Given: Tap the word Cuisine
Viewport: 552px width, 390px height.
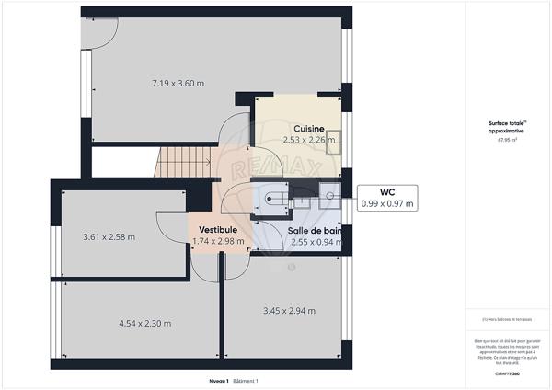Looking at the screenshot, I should tap(308, 128).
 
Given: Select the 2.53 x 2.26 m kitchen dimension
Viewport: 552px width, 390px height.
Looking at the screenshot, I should tap(308, 141).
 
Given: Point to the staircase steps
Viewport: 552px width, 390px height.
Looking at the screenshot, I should tap(184, 164).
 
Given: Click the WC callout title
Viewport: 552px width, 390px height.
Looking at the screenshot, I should tap(386, 191).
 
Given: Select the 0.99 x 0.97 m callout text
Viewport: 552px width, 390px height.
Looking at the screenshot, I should tap(386, 203).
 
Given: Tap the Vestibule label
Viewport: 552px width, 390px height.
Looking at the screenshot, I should tap(217, 229).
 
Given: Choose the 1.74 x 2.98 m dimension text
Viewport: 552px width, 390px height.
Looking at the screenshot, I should tap(218, 242).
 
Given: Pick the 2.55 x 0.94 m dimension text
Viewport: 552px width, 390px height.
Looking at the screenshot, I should tap(313, 243).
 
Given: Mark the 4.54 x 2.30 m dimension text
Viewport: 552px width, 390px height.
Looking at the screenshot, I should tap(144, 323).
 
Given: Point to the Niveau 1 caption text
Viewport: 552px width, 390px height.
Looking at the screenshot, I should tap(218, 381).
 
